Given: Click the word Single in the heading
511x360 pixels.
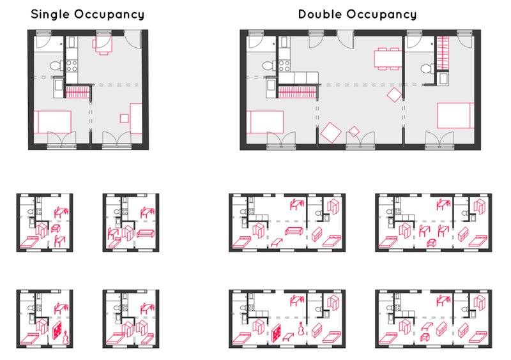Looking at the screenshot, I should [54, 14].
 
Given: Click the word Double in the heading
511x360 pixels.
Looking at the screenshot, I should [323, 14].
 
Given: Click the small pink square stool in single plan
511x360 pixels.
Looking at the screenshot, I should [124, 117].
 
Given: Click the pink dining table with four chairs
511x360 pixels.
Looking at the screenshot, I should [387, 58].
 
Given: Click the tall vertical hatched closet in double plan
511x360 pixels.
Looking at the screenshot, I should [443, 54].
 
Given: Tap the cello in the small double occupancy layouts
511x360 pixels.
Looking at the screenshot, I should [299, 333].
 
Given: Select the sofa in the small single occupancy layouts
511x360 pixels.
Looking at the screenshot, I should [145, 234].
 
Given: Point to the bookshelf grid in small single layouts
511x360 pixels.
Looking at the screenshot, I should [56, 333].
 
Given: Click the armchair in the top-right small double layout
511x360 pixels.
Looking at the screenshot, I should [431, 242].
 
